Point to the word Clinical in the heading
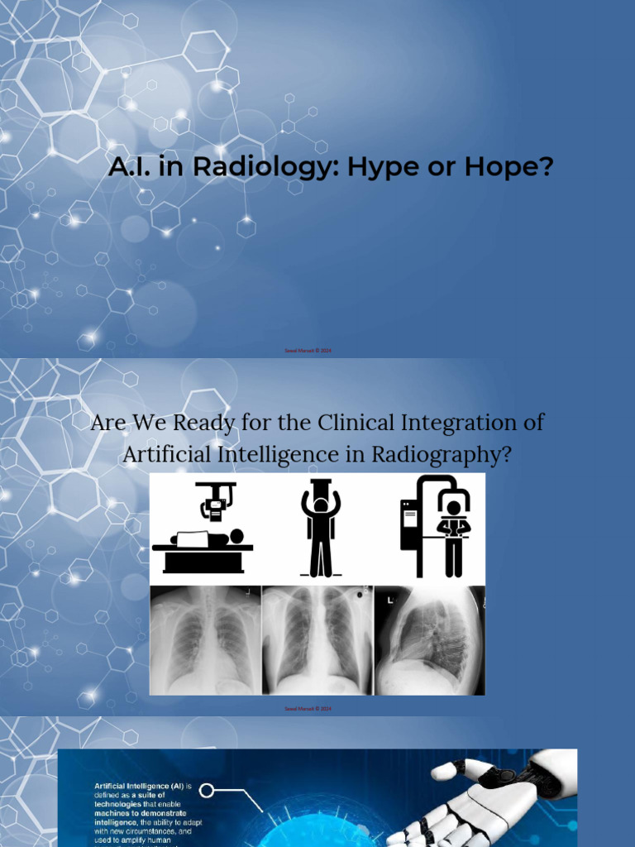coord(357,422)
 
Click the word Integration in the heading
coord(461,422)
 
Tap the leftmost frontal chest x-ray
coord(205,639)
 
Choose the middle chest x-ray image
coord(317,639)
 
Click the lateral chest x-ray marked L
coord(429,639)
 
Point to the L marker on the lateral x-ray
coord(389,600)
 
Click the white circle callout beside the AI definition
coord(207,791)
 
